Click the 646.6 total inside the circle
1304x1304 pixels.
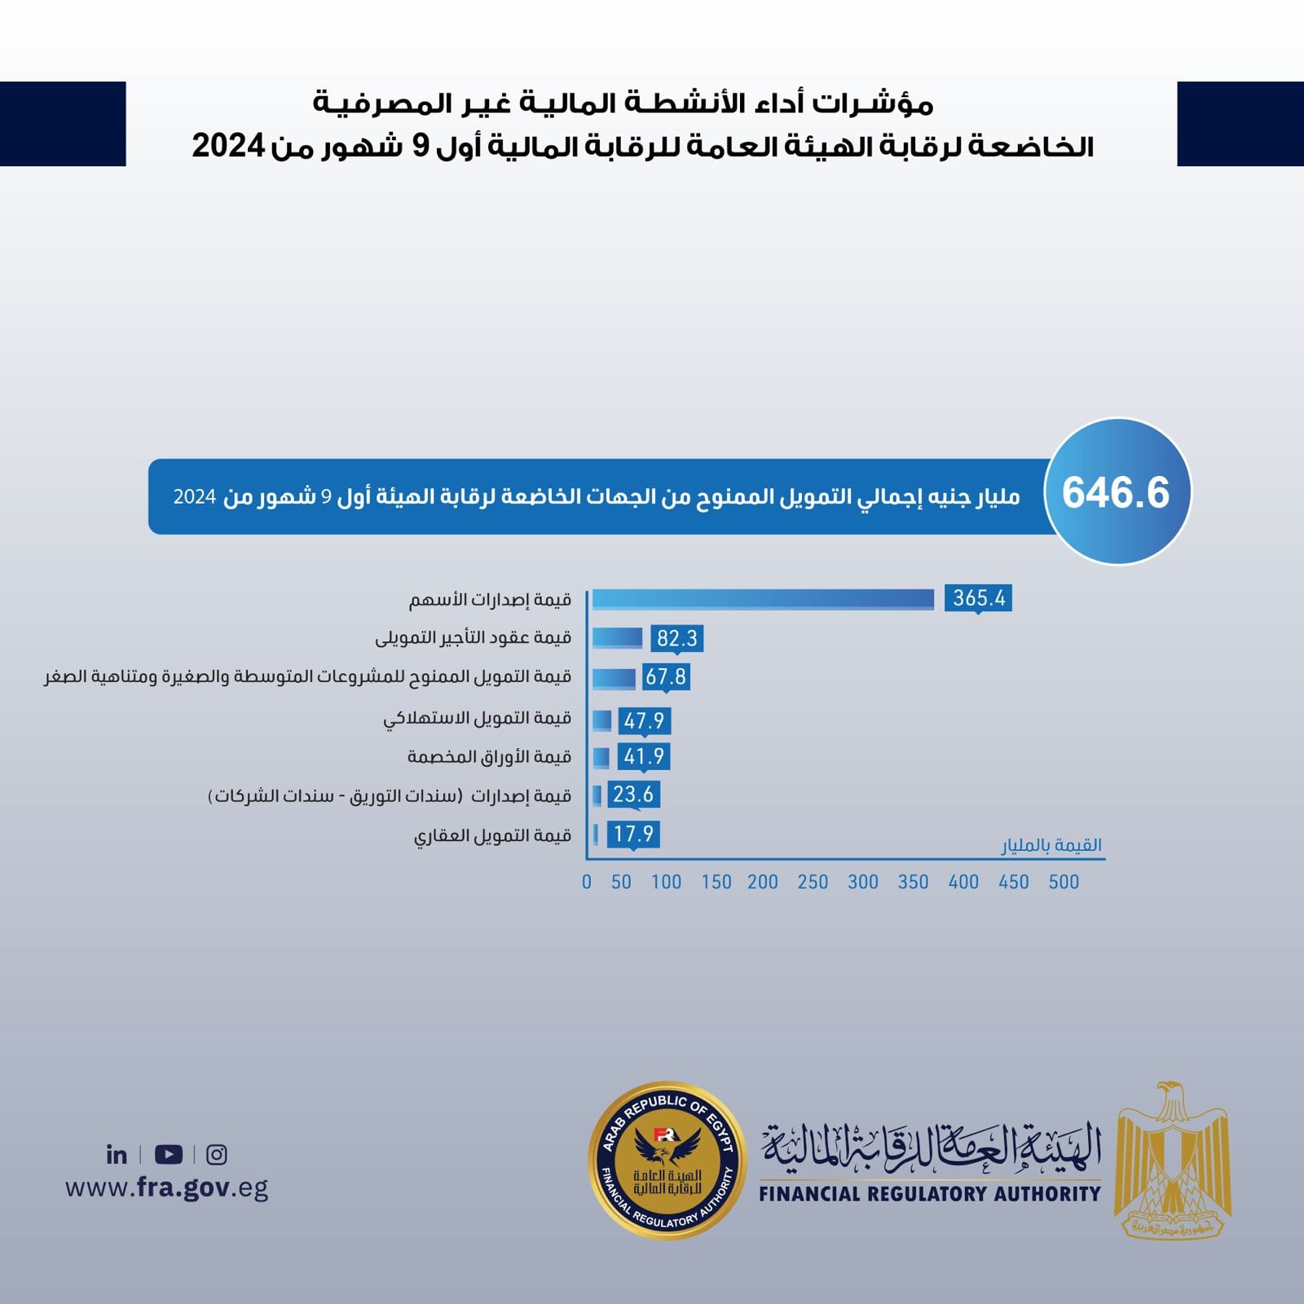[1116, 492]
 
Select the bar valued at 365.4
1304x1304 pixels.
[763, 599]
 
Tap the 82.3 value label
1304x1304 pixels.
[677, 638]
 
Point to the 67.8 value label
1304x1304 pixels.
[666, 676]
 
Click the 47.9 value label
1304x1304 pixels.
[644, 720]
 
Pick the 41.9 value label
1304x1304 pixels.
[644, 756]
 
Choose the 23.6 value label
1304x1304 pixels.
[633, 794]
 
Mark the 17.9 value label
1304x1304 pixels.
[633, 834]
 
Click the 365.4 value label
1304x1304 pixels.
[979, 598]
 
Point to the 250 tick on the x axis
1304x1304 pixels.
[813, 882]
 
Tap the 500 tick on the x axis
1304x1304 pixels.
[1064, 882]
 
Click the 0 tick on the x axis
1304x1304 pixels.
[587, 882]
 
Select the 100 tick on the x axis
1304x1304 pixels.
[666, 882]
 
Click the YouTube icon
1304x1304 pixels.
[168, 1154]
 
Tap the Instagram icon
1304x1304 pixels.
[216, 1154]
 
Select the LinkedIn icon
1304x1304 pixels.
[117, 1154]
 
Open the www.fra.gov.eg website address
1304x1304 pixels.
[166, 1187]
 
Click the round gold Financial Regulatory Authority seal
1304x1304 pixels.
[667, 1160]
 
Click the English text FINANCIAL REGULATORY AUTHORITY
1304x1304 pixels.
[929, 1194]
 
